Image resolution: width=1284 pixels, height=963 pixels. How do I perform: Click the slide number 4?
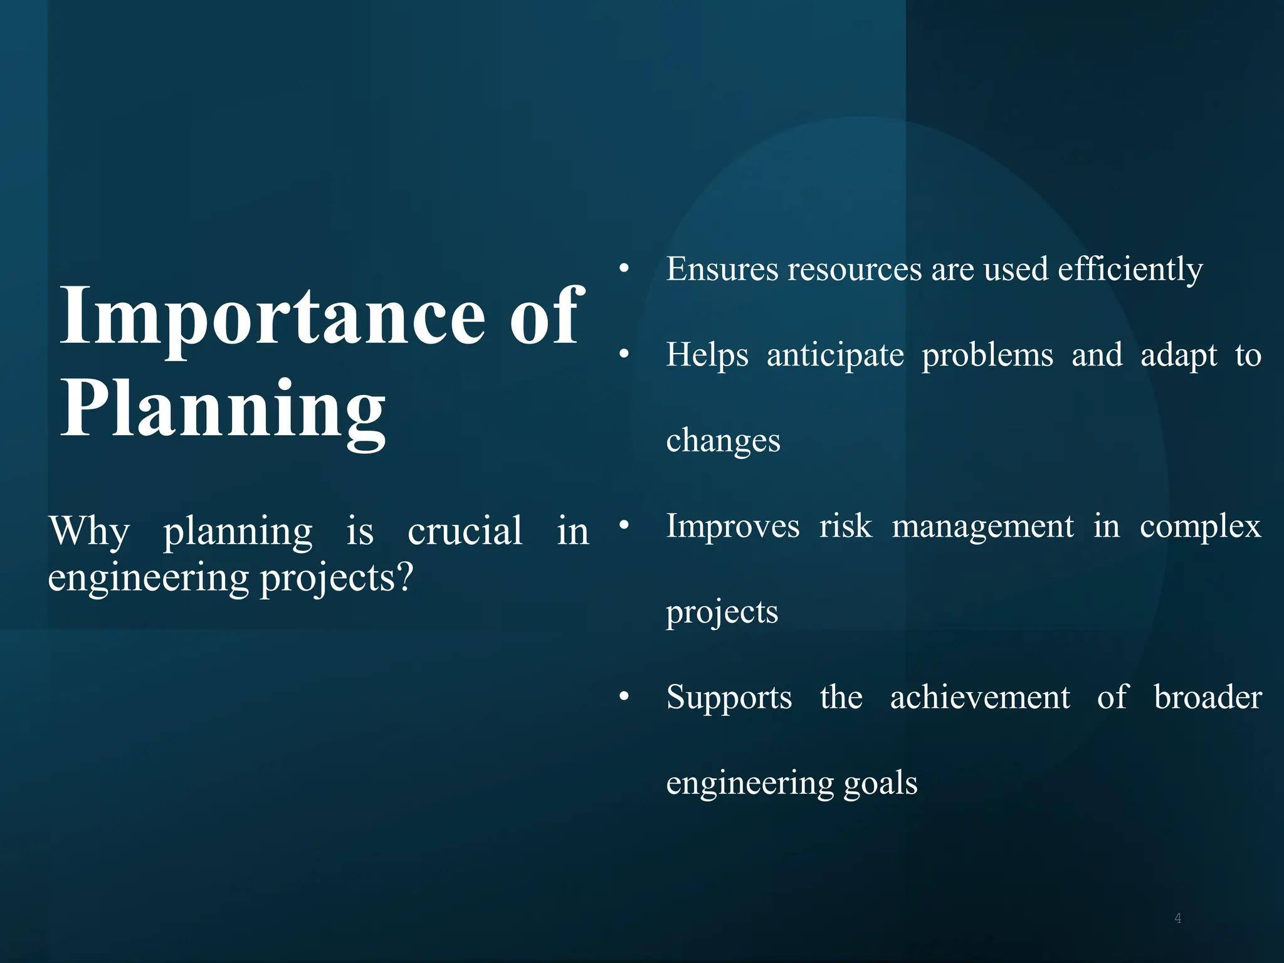point(1177,918)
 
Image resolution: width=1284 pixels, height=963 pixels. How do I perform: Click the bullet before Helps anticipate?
point(623,355)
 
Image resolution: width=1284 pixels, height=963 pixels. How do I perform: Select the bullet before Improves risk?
point(623,526)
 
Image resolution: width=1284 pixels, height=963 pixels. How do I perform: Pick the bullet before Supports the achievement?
point(623,697)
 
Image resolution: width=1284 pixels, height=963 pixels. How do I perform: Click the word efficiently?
point(1130,270)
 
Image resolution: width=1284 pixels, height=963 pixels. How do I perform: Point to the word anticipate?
point(835,355)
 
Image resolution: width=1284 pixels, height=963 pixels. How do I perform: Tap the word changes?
point(723,441)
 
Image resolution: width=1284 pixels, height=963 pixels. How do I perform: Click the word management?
point(982,527)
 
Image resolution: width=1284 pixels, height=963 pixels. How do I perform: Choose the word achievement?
point(980,697)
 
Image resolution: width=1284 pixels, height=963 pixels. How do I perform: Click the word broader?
point(1208,697)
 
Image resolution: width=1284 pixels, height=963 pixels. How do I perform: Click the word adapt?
point(1178,356)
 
